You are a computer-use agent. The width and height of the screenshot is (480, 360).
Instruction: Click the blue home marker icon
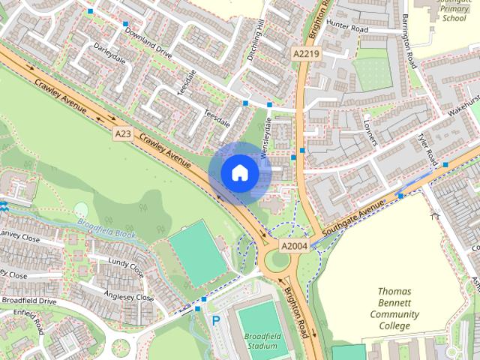tap(239, 172)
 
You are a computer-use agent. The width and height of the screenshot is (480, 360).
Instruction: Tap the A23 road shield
tap(123, 133)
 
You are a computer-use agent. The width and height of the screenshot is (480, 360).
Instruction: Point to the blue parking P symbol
tap(216, 320)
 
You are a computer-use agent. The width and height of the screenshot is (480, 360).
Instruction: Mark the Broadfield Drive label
tap(28, 301)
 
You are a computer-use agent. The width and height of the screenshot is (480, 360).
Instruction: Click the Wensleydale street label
tap(264, 139)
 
